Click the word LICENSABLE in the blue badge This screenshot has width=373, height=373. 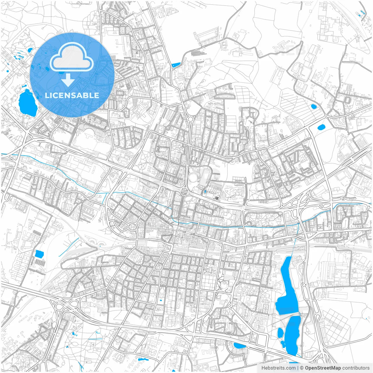coord(72,95)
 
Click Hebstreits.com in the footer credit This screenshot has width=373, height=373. coord(278,368)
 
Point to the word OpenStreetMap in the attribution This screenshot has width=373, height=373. coord(323,368)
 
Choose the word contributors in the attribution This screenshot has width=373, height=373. coord(356,368)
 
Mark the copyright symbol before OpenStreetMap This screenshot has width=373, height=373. coord(302,368)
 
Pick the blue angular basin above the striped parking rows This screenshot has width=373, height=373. coord(39,254)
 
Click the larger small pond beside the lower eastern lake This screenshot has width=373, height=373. coord(280,333)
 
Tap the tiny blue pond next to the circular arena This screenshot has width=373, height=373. coord(205,192)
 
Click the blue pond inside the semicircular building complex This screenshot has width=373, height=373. coord(240,346)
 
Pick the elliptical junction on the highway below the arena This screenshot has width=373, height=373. coord(184,191)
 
